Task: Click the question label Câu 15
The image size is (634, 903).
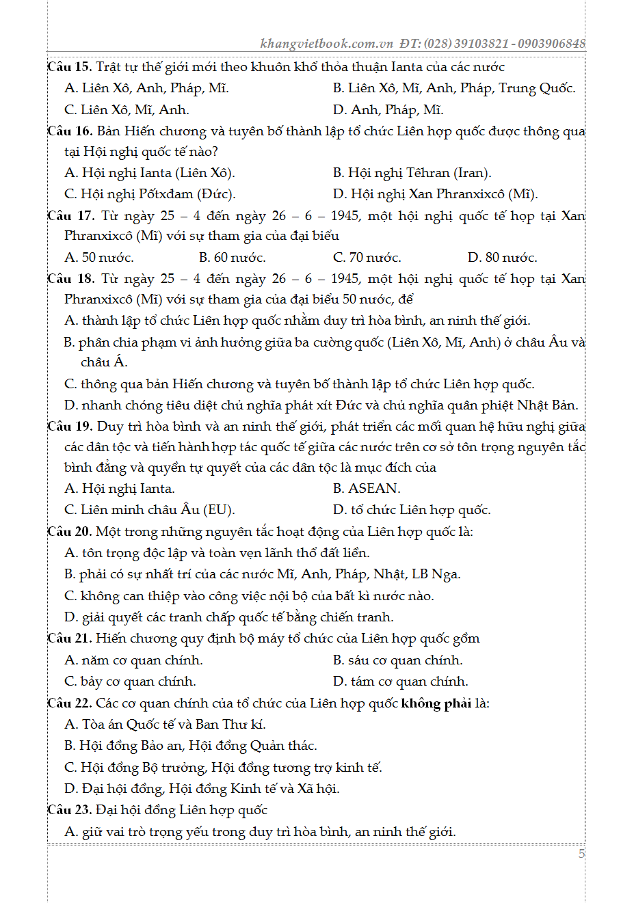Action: click(x=69, y=67)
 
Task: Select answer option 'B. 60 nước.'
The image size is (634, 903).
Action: click(x=232, y=258)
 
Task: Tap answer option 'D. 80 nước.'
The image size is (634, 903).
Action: click(x=502, y=258)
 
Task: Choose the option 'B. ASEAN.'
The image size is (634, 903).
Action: click(x=367, y=489)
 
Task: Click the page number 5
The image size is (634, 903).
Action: click(x=581, y=853)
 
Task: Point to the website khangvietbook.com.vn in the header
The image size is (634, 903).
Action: click(x=327, y=44)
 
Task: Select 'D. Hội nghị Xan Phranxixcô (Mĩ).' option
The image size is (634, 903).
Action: click(x=435, y=194)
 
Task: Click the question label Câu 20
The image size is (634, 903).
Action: click(x=69, y=532)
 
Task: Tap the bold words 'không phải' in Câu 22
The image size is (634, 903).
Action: click(x=436, y=703)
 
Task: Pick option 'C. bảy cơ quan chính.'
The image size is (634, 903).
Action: click(x=130, y=682)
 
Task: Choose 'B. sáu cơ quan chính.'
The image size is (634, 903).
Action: click(x=397, y=660)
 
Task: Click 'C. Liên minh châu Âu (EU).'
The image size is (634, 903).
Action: click(x=149, y=510)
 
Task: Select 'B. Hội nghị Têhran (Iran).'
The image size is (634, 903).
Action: click(x=412, y=173)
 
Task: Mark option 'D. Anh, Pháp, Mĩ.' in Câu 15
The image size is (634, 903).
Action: click(x=388, y=110)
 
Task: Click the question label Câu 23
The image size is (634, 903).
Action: click(x=69, y=810)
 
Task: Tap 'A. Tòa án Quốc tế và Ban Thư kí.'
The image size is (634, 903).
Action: click(x=165, y=725)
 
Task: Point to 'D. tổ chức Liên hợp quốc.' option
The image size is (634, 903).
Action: click(x=411, y=510)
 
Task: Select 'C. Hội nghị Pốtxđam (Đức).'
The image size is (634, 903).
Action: click(x=150, y=194)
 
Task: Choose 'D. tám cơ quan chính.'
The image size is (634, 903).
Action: click(x=400, y=682)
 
